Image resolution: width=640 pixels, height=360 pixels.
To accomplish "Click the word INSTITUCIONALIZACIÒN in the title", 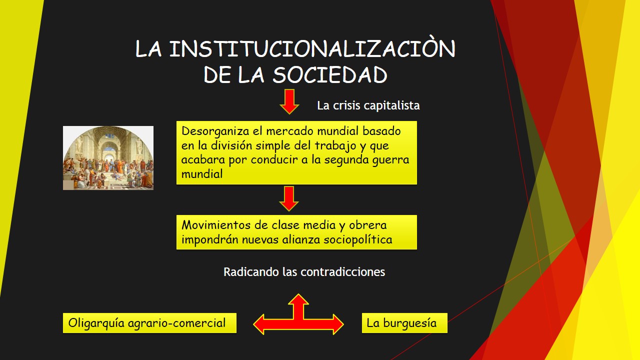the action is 312,48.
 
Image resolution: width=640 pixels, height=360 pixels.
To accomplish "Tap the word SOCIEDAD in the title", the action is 330,75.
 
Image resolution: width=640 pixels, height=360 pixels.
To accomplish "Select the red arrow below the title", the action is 289,101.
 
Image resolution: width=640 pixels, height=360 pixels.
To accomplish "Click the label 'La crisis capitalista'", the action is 368,105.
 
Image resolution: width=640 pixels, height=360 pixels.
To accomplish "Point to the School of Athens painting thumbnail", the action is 108,158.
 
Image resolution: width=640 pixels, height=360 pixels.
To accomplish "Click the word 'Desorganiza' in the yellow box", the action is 215,131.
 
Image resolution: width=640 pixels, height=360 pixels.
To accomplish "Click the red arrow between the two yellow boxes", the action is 289,198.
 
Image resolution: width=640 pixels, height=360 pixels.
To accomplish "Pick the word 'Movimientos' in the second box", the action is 216,225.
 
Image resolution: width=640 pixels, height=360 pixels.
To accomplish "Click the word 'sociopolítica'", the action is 357,239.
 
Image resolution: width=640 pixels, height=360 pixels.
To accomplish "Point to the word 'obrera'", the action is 367,225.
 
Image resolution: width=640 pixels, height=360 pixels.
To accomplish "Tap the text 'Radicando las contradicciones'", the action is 304,271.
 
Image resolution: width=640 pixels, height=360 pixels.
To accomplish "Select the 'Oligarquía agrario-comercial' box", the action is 149,323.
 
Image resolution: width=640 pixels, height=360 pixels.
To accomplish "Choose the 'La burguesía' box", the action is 404,323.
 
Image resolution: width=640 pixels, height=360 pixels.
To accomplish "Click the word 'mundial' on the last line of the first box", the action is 202,174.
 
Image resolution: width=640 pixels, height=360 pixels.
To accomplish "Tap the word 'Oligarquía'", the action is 96,323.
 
